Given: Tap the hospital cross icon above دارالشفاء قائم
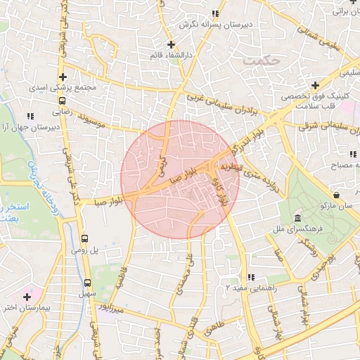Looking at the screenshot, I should point(170,44).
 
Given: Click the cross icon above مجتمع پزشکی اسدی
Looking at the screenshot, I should point(64,77).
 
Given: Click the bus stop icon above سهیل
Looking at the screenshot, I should point(88,279).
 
